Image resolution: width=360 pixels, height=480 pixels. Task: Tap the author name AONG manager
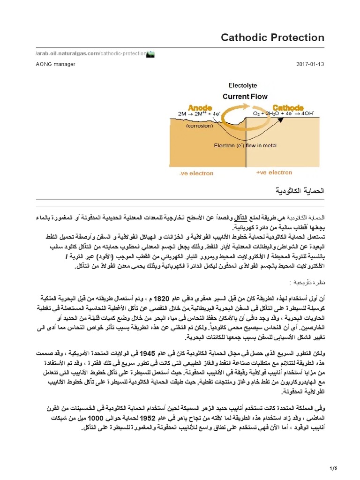point(55,64)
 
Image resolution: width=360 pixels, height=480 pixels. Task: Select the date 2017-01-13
point(310,64)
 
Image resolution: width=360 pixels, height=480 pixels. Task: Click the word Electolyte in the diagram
point(242,86)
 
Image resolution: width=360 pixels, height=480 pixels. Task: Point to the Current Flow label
point(245,97)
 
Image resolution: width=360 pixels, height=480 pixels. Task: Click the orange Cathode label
point(288,107)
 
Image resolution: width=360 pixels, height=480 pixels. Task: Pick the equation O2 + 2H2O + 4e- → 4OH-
point(289,114)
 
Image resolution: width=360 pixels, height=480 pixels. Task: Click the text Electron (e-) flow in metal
point(245,145)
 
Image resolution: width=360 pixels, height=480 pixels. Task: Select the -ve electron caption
point(196,173)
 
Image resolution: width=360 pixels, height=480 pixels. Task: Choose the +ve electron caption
point(274,173)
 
